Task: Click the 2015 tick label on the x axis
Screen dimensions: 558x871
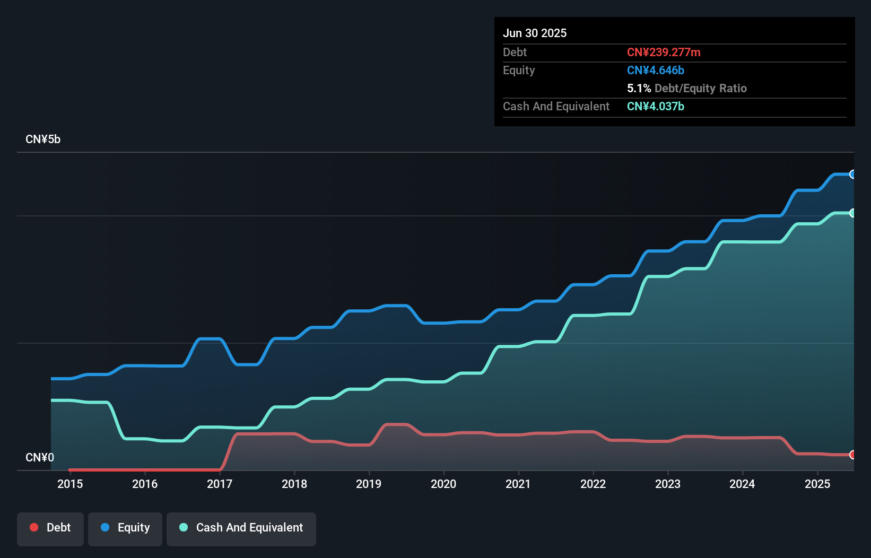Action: [x=70, y=484]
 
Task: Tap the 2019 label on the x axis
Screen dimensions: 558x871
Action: [x=369, y=484]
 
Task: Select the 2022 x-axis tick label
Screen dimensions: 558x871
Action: [x=593, y=484]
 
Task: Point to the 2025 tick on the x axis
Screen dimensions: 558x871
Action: [x=817, y=484]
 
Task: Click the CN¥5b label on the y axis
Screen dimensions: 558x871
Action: [x=43, y=139]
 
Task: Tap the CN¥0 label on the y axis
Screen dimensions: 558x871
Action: [x=40, y=457]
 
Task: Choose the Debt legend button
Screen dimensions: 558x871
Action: [x=50, y=528]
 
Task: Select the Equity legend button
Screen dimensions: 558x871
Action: [x=125, y=528]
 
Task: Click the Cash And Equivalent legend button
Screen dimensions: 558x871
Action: [x=241, y=528]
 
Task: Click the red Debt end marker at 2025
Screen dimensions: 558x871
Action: [x=852, y=455]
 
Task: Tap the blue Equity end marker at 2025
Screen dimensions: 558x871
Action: [x=852, y=174]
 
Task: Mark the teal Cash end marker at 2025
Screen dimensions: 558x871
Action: [x=852, y=213]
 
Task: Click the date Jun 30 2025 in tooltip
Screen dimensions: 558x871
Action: [x=535, y=33]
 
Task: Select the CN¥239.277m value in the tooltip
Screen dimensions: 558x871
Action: [x=664, y=52]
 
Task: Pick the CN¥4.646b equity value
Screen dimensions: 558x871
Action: [x=656, y=70]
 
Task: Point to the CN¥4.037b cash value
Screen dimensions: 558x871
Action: [x=656, y=106]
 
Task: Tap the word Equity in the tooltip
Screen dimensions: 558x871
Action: [x=519, y=70]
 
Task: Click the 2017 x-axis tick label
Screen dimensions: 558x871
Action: [x=220, y=484]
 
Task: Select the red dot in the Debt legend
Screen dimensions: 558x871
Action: [x=34, y=527]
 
